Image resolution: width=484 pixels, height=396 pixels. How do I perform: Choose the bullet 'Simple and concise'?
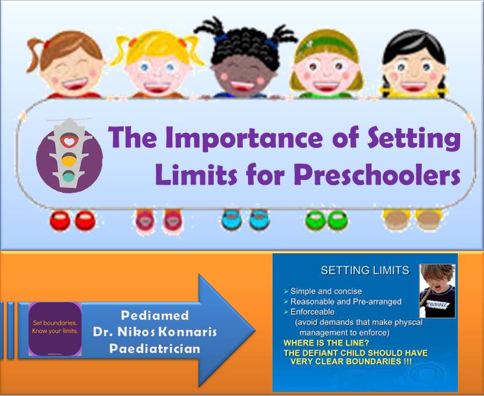pyautogui.click(x=326, y=291)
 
